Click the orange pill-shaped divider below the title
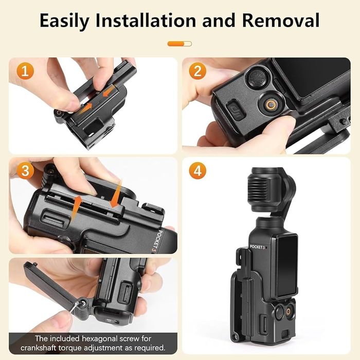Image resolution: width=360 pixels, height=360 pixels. point(179,44)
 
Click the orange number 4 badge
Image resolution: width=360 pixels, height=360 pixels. point(197,170)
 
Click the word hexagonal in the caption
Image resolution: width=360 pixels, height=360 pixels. point(110,339)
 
